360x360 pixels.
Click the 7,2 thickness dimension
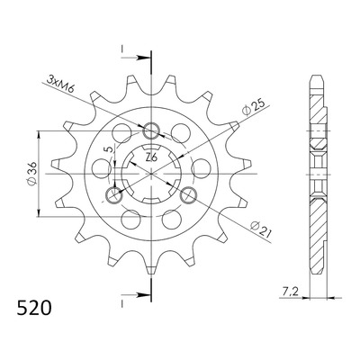pos(290,291)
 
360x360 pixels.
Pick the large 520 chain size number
pos(34,308)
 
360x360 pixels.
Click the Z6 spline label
pos(151,157)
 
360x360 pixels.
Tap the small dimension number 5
pos(110,149)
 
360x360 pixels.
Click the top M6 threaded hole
pos(151,131)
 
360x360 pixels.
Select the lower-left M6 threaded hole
pos(114,195)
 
